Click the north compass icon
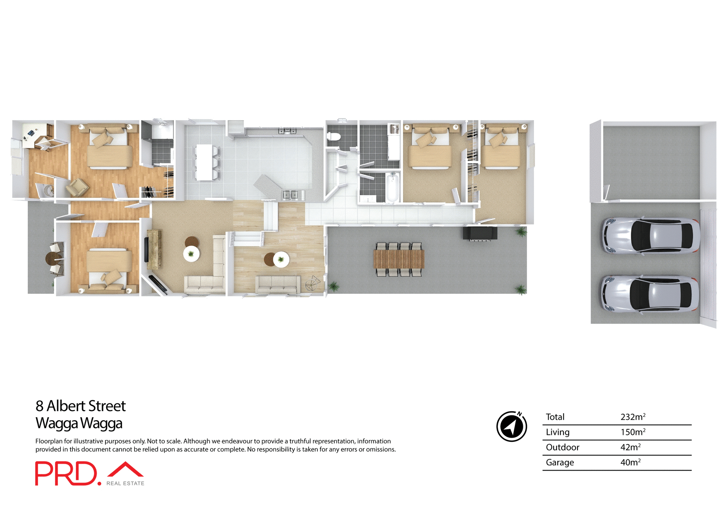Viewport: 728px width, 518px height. [511, 426]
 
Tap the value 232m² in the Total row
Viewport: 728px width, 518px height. [632, 417]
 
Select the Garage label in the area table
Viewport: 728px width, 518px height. [560, 462]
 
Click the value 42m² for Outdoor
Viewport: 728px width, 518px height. [630, 447]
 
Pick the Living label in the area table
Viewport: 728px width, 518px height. [557, 432]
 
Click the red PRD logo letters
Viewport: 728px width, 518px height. [66, 473]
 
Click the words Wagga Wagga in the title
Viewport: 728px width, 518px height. [79, 423]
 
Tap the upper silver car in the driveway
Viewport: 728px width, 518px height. [650, 235]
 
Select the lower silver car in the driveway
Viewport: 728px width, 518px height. [650, 294]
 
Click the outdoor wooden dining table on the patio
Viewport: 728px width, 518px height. [399, 259]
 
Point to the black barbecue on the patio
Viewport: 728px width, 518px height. [480, 233]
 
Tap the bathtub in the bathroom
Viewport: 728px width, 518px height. [392, 187]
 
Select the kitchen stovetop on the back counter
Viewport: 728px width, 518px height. [287, 131]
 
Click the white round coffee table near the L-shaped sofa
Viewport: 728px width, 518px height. [191, 254]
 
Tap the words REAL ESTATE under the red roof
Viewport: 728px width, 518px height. [125, 483]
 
